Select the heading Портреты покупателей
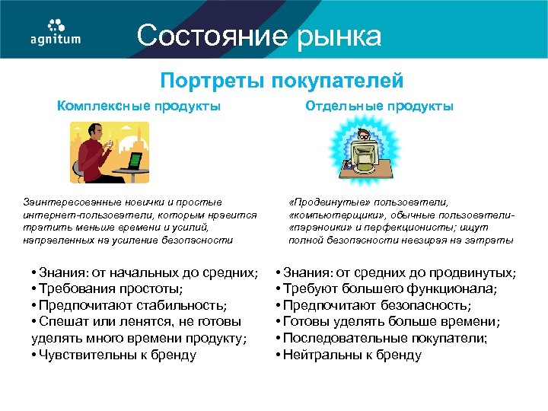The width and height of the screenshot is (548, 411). [281, 81]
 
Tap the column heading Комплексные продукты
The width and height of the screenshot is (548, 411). [139, 107]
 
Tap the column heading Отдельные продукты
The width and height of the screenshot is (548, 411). [379, 107]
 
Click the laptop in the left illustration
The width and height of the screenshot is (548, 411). [133, 161]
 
